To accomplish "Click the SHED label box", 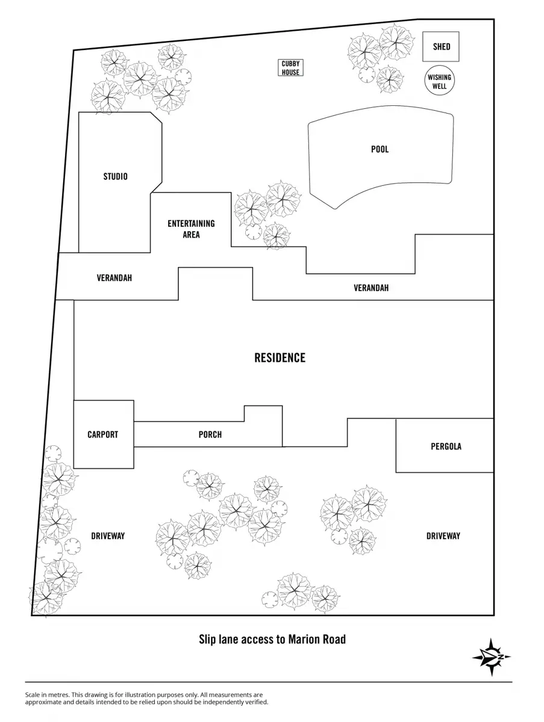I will [x=441, y=46].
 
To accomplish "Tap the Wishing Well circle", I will [x=439, y=82].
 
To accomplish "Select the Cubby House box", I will [x=290, y=68].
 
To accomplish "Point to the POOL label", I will [x=380, y=149].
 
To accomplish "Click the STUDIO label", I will [x=115, y=177].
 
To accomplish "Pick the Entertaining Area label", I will [x=191, y=229].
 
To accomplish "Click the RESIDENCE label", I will [x=280, y=357].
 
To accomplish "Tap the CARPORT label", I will [x=103, y=434].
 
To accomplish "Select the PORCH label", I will [x=210, y=434].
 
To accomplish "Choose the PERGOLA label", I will [x=446, y=446].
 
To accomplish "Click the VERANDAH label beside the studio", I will [x=114, y=278].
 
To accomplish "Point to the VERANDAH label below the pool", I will [x=370, y=288].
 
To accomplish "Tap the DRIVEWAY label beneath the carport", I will [x=108, y=535].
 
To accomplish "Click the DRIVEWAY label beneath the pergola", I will [x=443, y=535].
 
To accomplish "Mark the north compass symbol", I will [x=492, y=657].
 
